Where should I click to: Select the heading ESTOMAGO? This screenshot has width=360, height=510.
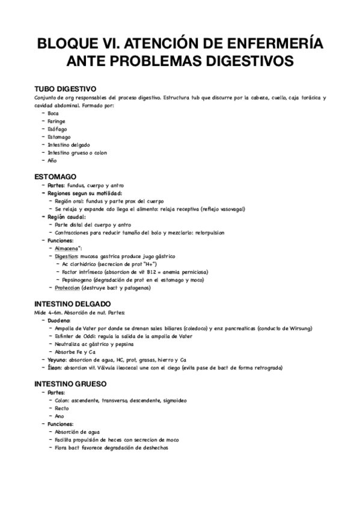[x=55, y=176]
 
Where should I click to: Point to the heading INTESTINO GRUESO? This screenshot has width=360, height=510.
[x=71, y=383]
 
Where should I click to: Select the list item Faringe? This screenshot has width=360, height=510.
[x=57, y=121]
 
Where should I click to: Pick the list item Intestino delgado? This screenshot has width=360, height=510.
[x=69, y=145]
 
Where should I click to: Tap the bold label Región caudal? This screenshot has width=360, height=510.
[x=67, y=217]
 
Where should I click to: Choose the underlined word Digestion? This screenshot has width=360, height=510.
[x=67, y=256]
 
